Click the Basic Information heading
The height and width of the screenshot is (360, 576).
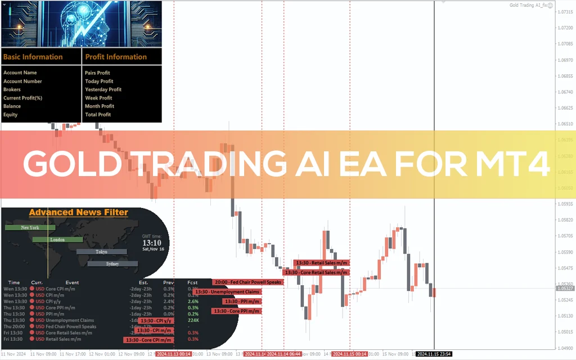[33, 57]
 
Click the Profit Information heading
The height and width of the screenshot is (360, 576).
[116, 57]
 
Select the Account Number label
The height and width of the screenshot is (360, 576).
[22, 81]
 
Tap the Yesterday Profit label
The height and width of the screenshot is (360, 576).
[103, 89]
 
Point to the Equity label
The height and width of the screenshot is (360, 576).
[11, 115]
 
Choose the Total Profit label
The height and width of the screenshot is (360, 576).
[98, 115]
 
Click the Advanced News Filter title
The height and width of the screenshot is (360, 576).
[78, 213]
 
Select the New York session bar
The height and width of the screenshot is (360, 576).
[30, 227]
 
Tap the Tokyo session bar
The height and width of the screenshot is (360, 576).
[101, 251]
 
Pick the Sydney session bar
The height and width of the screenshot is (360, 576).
[112, 263]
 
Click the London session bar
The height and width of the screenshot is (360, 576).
[57, 240]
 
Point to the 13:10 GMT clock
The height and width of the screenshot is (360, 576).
[152, 242]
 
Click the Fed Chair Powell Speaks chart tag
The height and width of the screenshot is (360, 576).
[247, 282]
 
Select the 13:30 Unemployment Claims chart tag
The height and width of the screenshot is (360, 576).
[227, 292]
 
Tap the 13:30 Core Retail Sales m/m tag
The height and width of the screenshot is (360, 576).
[321, 272]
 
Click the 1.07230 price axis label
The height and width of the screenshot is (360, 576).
[565, 28]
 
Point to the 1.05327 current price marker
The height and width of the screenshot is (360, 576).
[565, 288]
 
